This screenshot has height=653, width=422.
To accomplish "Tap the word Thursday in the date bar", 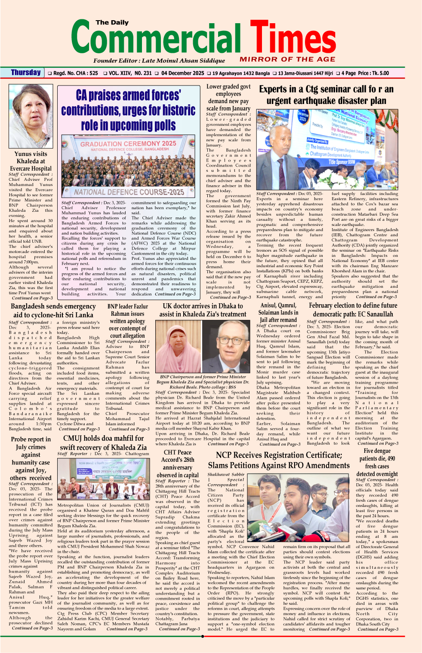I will click(26, 73).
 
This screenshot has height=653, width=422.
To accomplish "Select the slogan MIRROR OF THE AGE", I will click(287, 59).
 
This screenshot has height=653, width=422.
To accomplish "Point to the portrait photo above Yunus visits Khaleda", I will click(31, 116).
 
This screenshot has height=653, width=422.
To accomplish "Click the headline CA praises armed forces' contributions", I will click(128, 110).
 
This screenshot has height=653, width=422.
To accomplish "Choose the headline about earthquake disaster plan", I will click(326, 95).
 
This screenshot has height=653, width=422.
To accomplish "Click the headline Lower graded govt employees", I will click(228, 97).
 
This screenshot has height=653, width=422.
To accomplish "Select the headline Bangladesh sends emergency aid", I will click(53, 310).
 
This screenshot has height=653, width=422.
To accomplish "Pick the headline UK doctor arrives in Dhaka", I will click(203, 310).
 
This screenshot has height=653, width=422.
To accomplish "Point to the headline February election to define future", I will click(353, 310).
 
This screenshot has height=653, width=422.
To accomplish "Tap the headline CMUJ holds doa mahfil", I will click(103, 442).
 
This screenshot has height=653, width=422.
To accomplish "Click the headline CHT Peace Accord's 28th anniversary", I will click(177, 464).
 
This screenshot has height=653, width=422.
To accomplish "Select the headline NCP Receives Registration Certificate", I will click(279, 460).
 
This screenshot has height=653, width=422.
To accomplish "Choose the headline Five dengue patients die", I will click(377, 462).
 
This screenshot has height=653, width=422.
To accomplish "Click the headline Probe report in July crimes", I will click(31, 458).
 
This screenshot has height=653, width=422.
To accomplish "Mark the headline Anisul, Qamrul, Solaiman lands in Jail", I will click(278, 312).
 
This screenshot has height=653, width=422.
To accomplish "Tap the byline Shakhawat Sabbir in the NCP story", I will click(226, 475).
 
